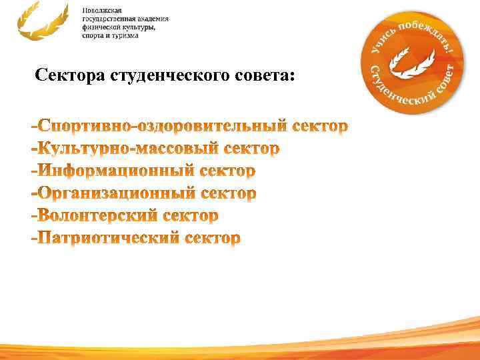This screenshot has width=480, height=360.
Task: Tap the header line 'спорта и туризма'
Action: coord(111,35)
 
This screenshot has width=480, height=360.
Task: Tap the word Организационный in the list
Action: coord(118,193)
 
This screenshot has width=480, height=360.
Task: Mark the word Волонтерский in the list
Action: coord(99,216)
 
